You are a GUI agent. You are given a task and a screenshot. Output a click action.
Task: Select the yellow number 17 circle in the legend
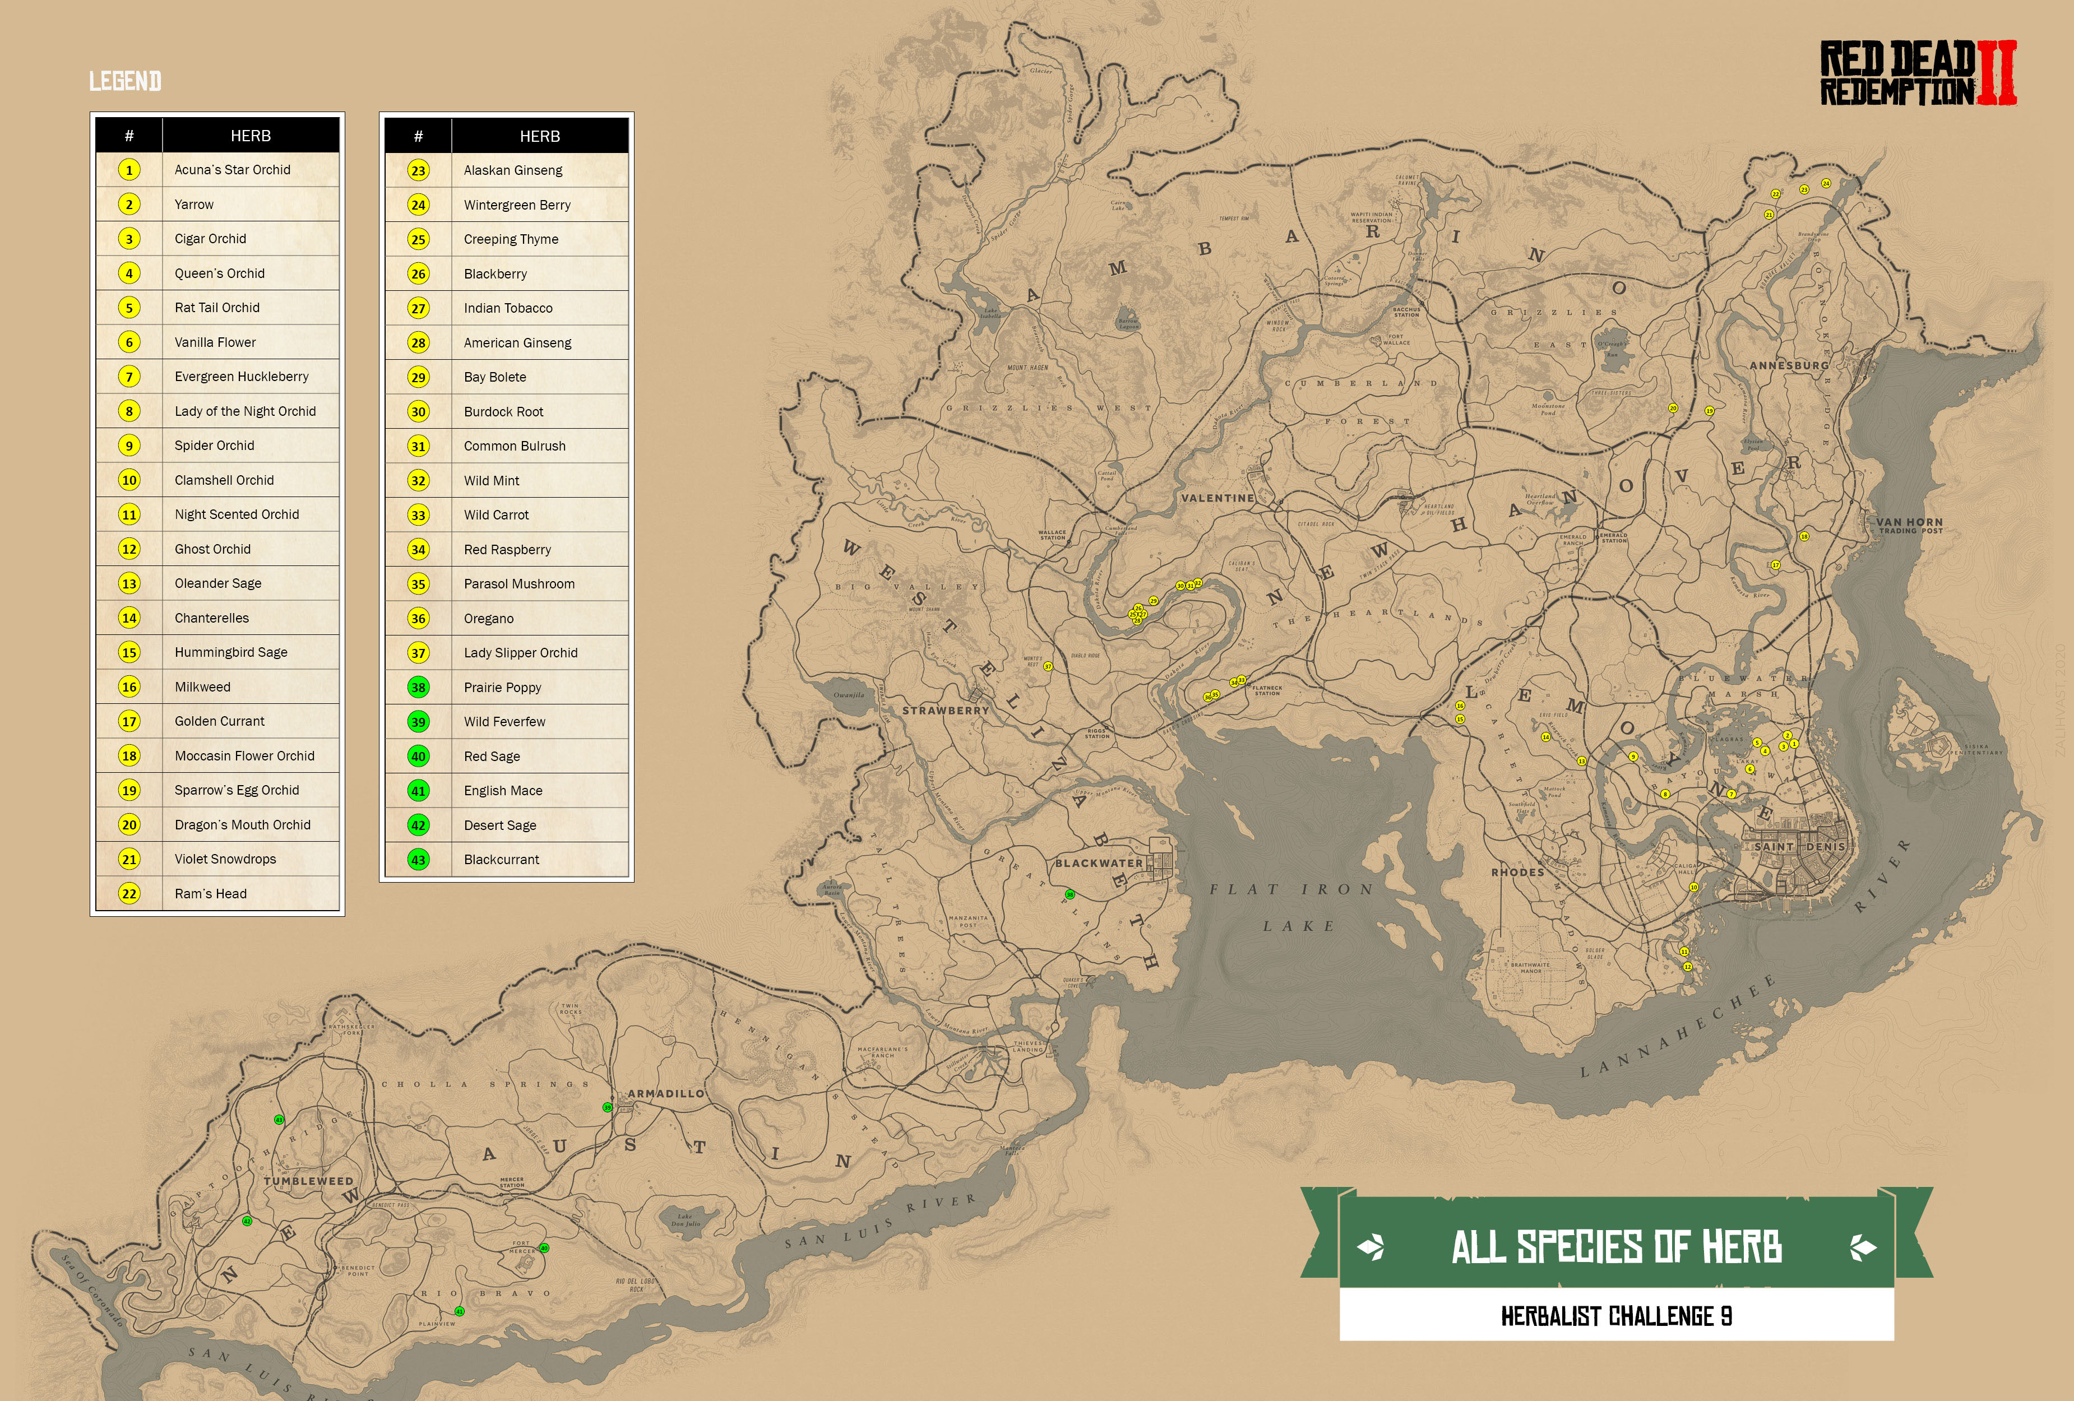pos(129,721)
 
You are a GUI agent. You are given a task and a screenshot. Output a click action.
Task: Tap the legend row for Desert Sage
pos(500,825)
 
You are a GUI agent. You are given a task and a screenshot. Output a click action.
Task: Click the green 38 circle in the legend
pos(419,687)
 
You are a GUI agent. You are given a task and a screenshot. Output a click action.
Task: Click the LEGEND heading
pos(125,82)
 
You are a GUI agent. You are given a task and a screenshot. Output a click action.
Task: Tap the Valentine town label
pos(1217,498)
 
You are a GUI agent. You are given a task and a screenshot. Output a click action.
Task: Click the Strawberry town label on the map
pos(945,711)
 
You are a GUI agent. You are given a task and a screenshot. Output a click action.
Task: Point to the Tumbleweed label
pos(308,1181)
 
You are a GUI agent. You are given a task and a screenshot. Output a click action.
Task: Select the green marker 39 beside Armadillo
pos(608,1107)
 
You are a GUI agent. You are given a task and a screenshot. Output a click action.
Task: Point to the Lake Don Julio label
pos(684,1220)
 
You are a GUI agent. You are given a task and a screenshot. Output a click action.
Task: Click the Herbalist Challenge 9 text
pos(1616,1316)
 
